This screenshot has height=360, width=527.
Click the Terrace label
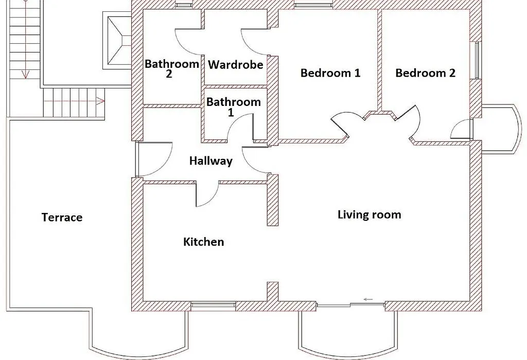(x=62, y=217)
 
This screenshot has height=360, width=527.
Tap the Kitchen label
(x=204, y=242)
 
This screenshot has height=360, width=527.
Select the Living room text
(x=370, y=214)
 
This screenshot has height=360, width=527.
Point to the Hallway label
(x=210, y=161)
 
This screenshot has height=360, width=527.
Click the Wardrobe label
(x=236, y=64)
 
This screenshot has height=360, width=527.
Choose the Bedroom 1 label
(x=330, y=73)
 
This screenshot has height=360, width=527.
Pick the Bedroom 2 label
(x=426, y=73)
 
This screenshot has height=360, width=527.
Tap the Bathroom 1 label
(x=234, y=107)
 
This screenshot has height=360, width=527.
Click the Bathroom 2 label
(x=172, y=68)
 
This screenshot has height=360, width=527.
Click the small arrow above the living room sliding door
(x=368, y=299)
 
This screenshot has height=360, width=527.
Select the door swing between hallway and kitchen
(x=207, y=194)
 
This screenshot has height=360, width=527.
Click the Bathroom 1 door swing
(x=240, y=126)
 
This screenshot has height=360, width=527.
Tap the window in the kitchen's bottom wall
(x=213, y=305)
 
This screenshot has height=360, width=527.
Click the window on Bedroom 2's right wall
(x=477, y=61)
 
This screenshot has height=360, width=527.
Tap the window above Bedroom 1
(x=313, y=5)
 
